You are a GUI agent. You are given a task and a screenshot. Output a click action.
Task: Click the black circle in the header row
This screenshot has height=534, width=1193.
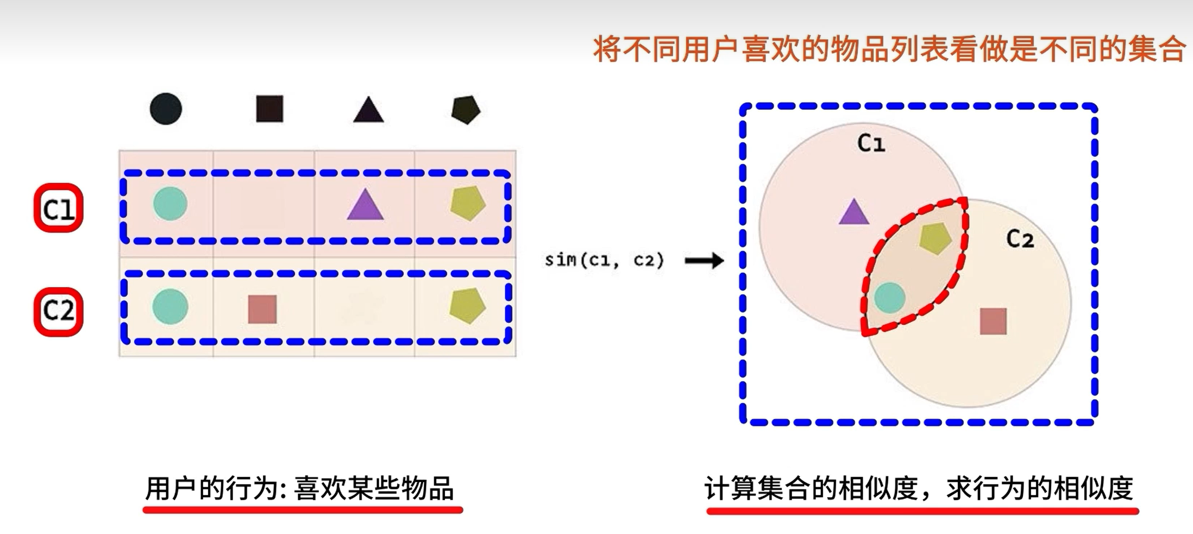pyautogui.click(x=166, y=109)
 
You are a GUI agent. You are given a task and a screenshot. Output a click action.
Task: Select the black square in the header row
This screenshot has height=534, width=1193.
pyautogui.click(x=269, y=109)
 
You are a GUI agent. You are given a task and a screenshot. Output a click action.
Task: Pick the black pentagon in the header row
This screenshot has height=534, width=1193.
pyautogui.click(x=466, y=110)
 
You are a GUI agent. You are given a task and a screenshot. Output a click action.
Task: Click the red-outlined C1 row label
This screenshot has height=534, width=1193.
pyautogui.click(x=59, y=208)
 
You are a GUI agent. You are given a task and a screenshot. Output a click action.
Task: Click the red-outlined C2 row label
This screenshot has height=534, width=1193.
pyautogui.click(x=59, y=312)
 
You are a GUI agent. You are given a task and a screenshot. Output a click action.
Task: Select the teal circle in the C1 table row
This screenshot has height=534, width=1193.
pyautogui.click(x=170, y=204)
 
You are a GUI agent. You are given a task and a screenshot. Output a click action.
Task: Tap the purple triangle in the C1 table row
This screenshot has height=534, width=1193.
pyautogui.click(x=365, y=206)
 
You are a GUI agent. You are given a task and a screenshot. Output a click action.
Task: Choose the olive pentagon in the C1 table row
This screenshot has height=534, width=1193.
pyautogui.click(x=467, y=204)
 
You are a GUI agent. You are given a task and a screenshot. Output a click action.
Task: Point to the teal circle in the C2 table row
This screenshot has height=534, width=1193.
pyautogui.click(x=170, y=306)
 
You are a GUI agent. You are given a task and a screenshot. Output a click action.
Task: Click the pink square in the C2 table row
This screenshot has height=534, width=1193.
pyautogui.click(x=262, y=309)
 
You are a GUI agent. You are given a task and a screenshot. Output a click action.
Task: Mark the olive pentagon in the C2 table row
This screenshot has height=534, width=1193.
pyautogui.click(x=467, y=306)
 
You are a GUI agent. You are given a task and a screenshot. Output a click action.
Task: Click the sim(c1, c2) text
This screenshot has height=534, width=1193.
pyautogui.click(x=604, y=260)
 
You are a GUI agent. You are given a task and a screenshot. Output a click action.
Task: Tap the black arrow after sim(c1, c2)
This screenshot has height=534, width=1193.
pyautogui.click(x=704, y=261)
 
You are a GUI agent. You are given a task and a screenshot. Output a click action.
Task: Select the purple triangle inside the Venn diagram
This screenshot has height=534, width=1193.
pyautogui.click(x=853, y=213)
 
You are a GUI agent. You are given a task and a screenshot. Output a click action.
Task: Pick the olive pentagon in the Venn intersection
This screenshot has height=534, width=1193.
pyautogui.click(x=935, y=238)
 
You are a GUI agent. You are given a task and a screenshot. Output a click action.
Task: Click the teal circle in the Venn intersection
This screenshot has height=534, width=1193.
pyautogui.click(x=890, y=298)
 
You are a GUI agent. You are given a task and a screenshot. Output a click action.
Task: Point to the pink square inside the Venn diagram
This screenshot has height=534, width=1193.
pyautogui.click(x=993, y=321)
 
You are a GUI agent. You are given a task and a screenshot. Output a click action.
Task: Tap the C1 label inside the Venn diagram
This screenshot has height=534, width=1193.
pyautogui.click(x=871, y=143)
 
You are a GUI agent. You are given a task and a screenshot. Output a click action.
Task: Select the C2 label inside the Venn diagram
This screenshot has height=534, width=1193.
pyautogui.click(x=1020, y=239)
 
